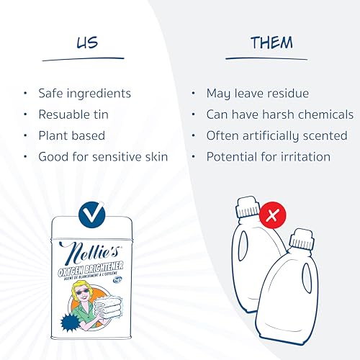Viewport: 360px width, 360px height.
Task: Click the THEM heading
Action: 271,42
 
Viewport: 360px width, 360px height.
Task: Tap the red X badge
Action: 272,215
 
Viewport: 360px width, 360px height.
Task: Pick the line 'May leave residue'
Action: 257,93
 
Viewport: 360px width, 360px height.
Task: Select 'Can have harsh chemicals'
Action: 279,114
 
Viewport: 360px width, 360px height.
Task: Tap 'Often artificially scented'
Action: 276,135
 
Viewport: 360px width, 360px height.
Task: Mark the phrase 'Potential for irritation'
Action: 269,156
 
